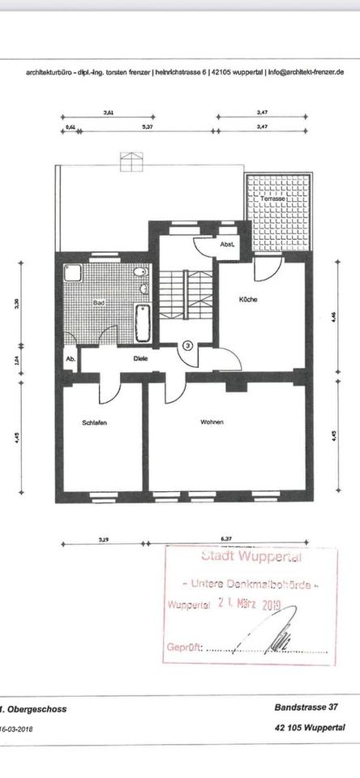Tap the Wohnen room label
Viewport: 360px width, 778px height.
tap(212, 422)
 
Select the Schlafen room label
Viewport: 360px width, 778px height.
tap(95, 422)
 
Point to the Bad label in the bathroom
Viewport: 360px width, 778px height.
tap(100, 302)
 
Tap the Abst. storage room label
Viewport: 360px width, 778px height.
tap(227, 244)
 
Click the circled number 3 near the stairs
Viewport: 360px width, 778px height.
tap(188, 345)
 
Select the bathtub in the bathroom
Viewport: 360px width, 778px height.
tap(144, 322)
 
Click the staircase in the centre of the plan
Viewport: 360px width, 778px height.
tap(185, 295)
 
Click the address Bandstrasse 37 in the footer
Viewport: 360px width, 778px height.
tap(302, 707)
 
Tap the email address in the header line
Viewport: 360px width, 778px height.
tap(306, 71)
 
